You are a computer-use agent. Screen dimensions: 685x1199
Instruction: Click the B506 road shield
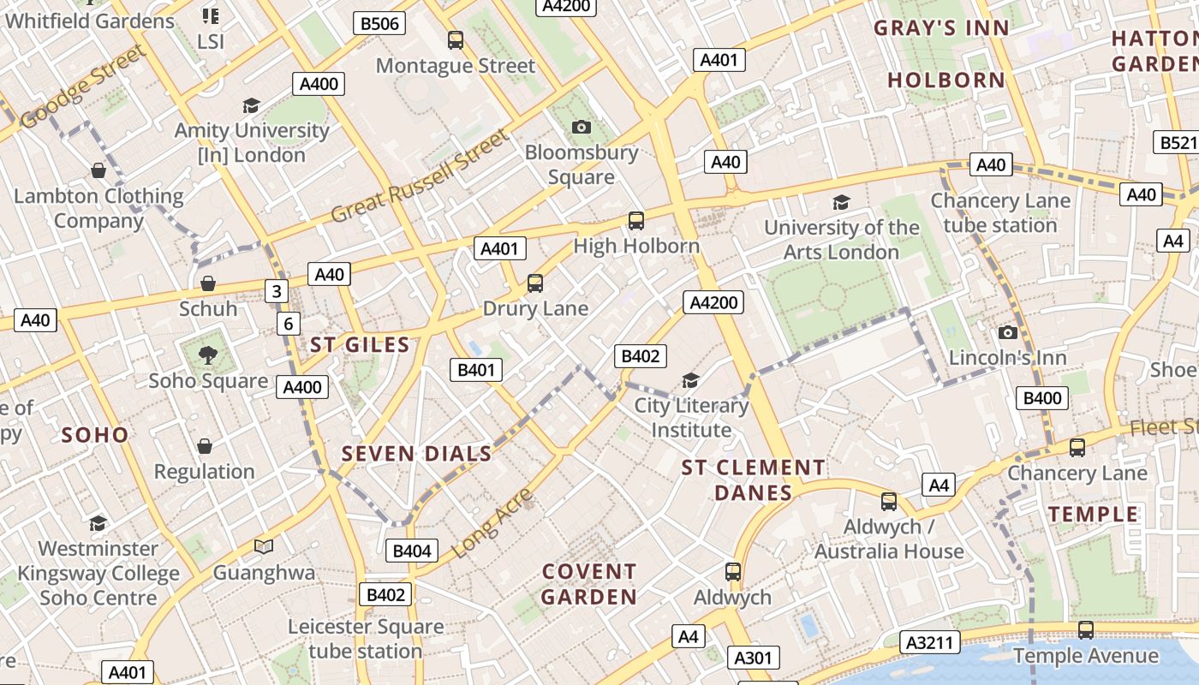[379, 23]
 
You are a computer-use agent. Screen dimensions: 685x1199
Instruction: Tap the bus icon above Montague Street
[456, 39]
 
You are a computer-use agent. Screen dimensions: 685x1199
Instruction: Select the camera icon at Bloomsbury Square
[582, 127]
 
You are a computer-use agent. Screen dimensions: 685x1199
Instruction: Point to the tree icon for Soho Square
[207, 354]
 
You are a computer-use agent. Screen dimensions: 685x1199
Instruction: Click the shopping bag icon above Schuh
[207, 283]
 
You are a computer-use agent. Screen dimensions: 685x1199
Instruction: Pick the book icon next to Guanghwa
[264, 546]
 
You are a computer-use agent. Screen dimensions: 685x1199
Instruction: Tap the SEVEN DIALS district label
[417, 454]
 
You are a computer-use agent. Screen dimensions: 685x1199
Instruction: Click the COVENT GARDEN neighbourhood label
[589, 584]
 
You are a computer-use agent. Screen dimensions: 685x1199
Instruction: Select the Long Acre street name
[492, 523]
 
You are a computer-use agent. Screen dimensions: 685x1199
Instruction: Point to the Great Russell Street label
[420, 176]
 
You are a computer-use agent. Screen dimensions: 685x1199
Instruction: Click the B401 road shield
[476, 370]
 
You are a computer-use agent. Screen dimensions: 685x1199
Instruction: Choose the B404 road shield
[412, 551]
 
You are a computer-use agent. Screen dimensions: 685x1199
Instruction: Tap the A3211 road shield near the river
[930, 642]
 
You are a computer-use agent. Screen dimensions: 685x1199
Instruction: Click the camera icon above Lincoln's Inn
[1008, 332]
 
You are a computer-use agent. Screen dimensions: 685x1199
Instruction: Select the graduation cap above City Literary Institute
[690, 380]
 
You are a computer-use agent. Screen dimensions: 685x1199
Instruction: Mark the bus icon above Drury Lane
[535, 283]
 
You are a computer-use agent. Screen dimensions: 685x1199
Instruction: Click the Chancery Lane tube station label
[1000, 213]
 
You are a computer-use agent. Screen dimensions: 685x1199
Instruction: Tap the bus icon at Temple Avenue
[1086, 630]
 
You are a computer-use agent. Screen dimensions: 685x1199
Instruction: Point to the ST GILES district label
[360, 345]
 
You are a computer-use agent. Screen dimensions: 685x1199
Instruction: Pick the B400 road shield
[1042, 397]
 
